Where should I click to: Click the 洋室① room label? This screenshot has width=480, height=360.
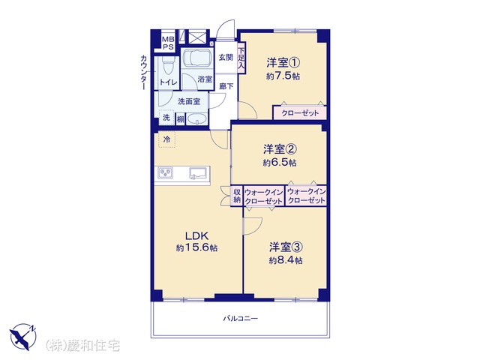click(283, 63)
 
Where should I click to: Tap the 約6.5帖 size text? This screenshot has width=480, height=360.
click(280, 162)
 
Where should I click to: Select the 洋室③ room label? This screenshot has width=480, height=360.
click(286, 247)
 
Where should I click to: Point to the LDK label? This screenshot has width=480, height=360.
click(196, 236)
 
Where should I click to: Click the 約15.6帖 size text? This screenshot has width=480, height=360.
click(196, 247)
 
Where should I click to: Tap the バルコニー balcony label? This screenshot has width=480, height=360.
click(240, 318)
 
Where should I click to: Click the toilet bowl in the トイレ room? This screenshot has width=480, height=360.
click(168, 65)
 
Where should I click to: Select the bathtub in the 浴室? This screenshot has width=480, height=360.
click(196, 58)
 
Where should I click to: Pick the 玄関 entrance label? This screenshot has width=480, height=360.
click(226, 57)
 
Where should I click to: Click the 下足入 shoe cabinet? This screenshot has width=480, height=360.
click(241, 58)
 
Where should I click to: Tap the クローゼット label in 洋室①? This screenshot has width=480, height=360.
click(300, 113)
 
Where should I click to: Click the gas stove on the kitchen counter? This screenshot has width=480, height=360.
click(166, 173)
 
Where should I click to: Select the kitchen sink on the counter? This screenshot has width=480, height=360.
click(198, 173)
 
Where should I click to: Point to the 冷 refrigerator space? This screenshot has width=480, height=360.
click(166, 139)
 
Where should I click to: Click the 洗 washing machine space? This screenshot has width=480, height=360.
click(166, 118)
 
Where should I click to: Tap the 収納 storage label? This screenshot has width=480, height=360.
click(237, 196)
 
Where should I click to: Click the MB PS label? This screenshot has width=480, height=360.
click(168, 43)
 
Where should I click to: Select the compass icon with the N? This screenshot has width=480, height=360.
click(23, 337)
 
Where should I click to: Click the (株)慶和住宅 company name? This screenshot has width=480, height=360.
click(82, 346)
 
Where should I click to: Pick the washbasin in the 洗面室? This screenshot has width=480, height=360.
click(196, 118)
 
